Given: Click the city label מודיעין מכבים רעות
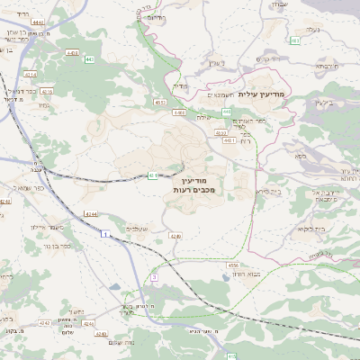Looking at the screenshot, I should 187,186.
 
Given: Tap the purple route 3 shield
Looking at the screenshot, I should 154,278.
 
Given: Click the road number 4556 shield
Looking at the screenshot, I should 233,265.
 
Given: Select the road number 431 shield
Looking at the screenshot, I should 153,175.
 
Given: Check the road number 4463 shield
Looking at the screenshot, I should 73,53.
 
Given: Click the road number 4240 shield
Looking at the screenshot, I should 5,202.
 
